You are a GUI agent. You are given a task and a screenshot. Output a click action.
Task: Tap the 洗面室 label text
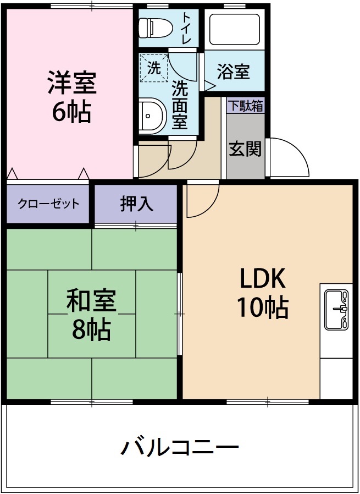(179, 105)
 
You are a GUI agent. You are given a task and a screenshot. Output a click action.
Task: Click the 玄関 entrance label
(245, 148)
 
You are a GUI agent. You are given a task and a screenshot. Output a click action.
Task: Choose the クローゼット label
(48, 204)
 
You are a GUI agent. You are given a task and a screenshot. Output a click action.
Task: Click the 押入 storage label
(136, 204)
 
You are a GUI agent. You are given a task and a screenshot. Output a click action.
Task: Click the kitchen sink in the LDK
(336, 309)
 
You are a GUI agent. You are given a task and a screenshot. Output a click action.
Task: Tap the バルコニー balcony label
(180, 447)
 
